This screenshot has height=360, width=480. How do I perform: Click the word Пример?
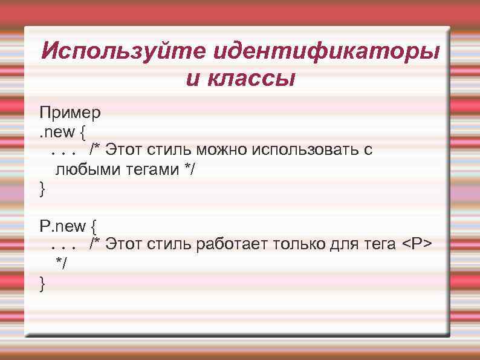[70, 113]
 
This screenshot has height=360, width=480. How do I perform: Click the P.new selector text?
[63, 226]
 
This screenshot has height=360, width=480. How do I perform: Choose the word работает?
[232, 244]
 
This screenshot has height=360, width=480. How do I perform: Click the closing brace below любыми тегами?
[42, 189]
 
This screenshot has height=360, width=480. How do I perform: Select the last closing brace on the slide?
[42, 283]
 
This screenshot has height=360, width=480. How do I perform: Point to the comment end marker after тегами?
[191, 169]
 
